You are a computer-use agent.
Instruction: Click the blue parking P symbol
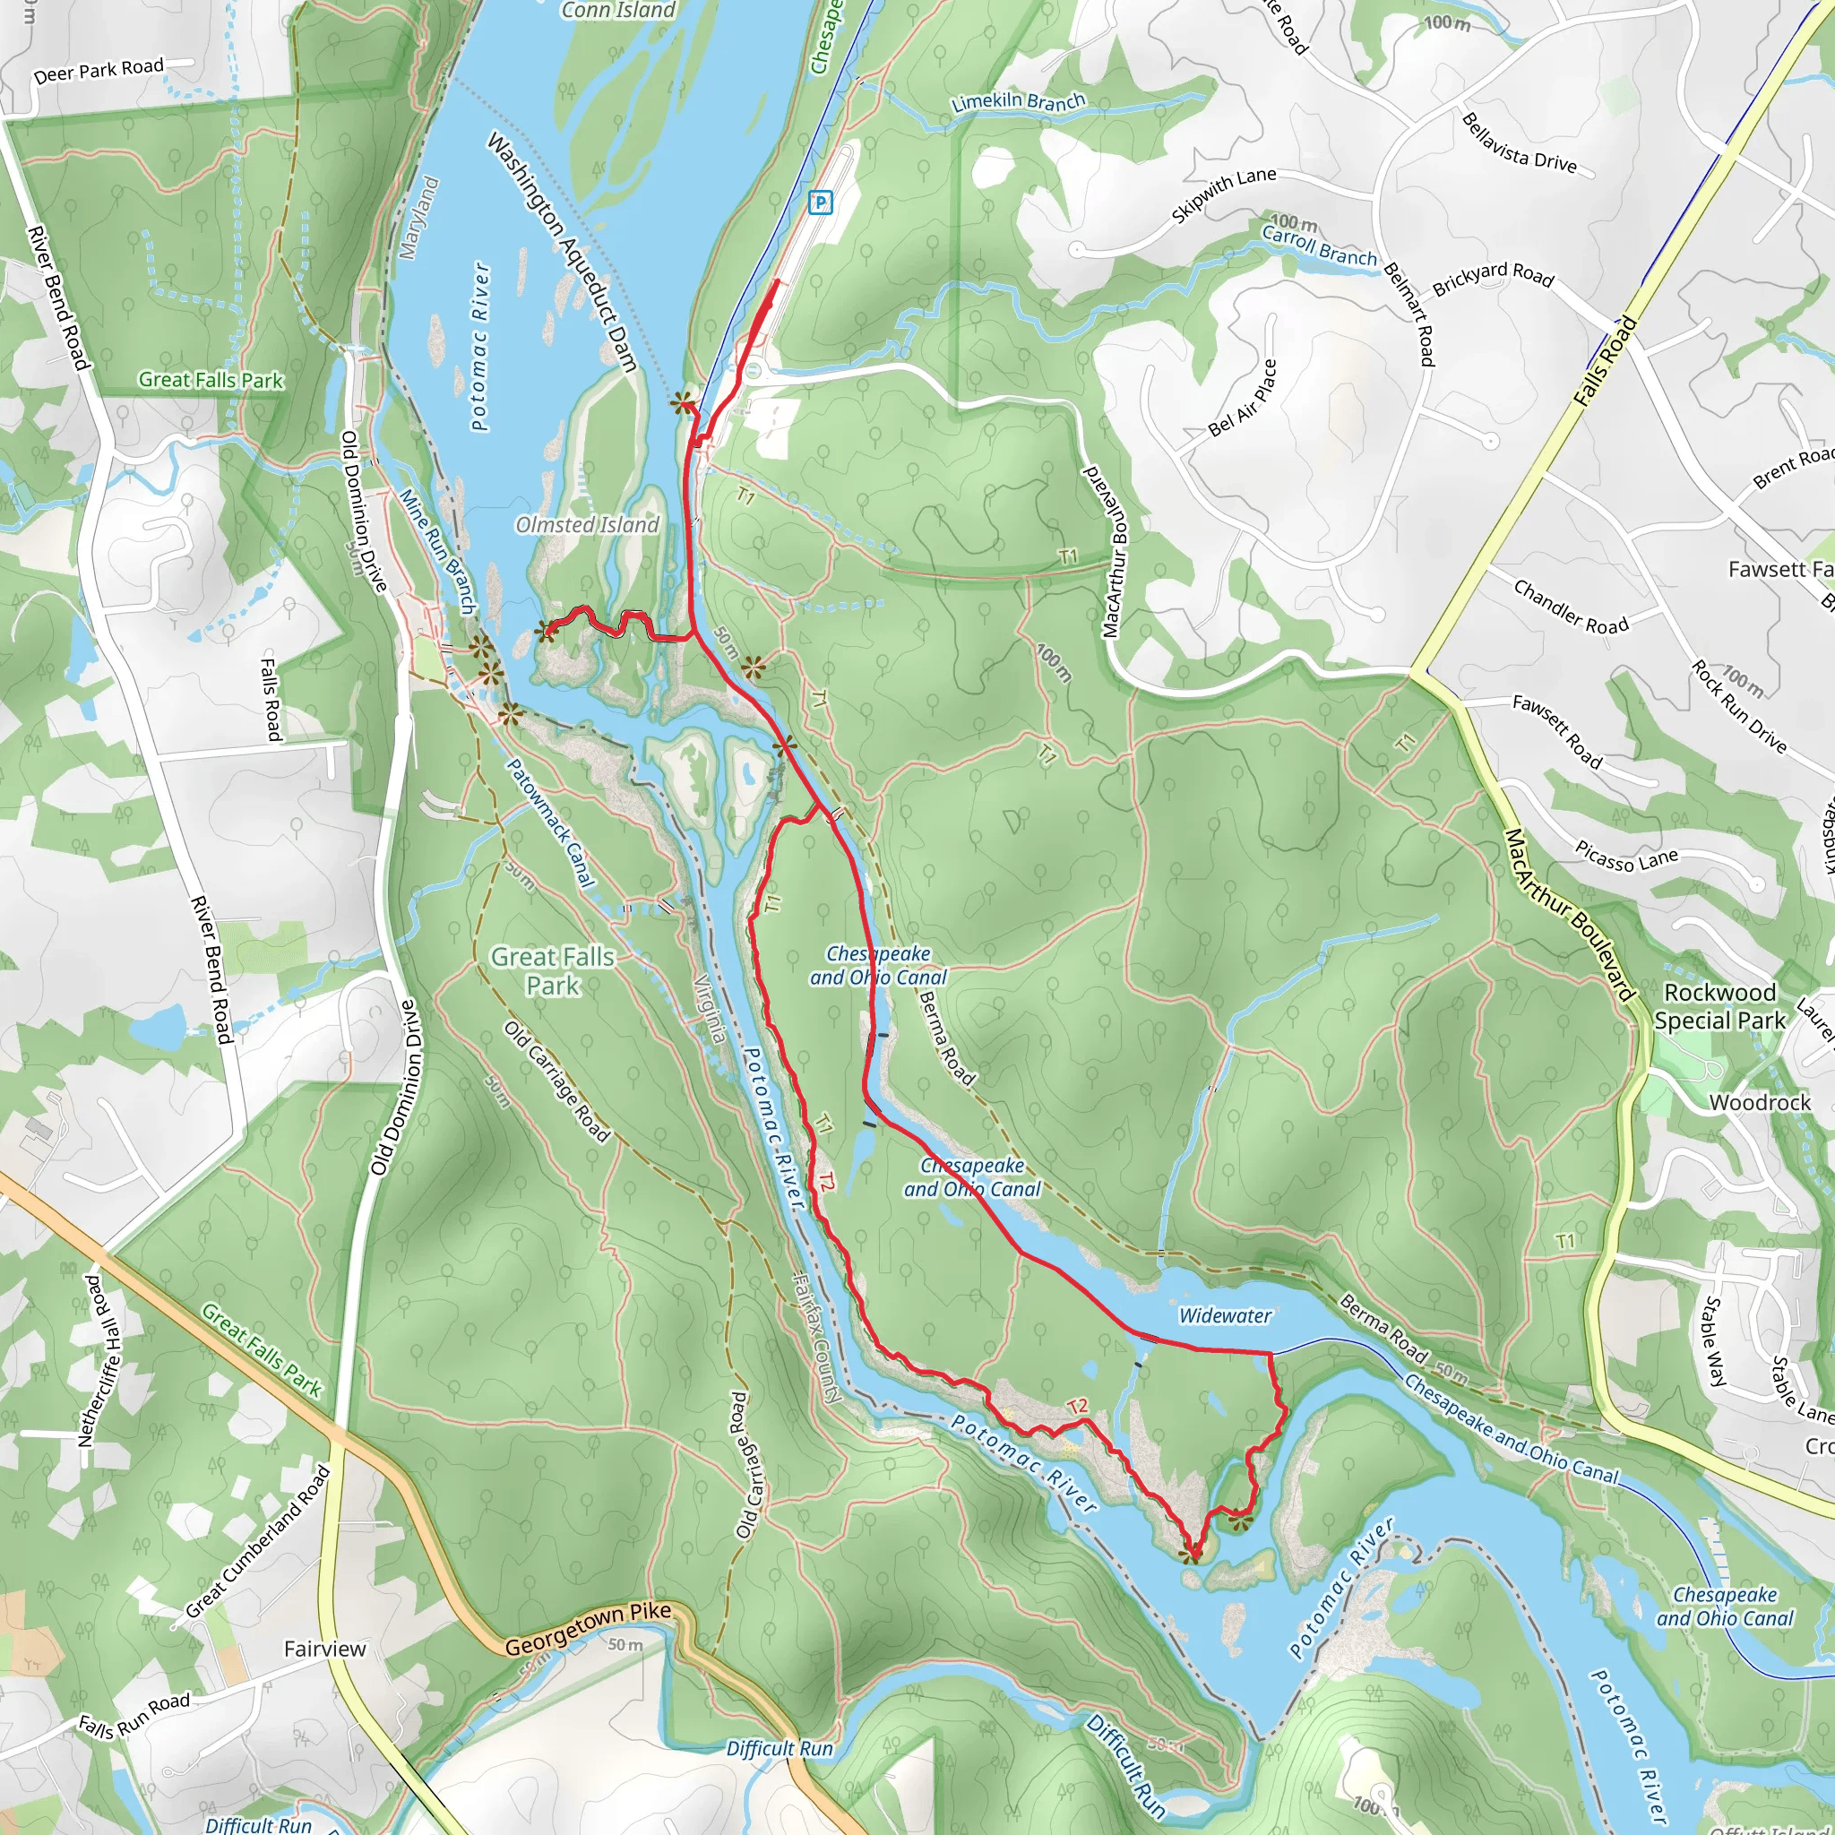click(820, 202)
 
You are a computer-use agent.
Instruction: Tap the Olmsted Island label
click(587, 524)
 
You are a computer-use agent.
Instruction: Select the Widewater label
click(1224, 1315)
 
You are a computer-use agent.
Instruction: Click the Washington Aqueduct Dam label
click(563, 252)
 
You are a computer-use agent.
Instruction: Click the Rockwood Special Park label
click(1719, 1007)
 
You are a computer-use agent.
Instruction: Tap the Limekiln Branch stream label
click(1018, 101)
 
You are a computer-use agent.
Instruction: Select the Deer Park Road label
click(99, 70)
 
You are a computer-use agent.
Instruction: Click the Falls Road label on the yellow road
click(1607, 361)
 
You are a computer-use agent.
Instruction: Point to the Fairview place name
click(325, 1649)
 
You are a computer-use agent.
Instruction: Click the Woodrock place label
click(1760, 1103)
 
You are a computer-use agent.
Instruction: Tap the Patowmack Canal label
click(551, 823)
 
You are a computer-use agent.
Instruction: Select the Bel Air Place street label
click(1243, 398)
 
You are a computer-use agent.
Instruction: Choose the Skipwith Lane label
click(1224, 194)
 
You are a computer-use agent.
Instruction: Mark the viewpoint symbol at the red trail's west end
click(545, 631)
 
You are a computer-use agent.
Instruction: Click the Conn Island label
click(618, 11)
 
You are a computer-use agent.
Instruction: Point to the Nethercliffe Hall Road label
click(102, 1360)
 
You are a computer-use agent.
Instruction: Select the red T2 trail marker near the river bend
click(1077, 1407)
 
